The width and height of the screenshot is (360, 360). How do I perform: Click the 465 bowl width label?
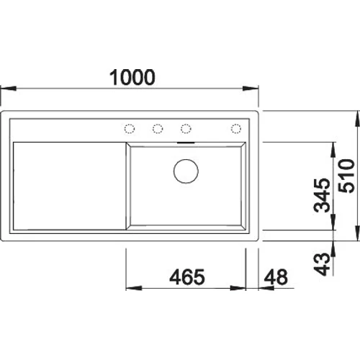coord(186,276)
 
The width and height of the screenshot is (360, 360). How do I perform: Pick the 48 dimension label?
coord(276,276)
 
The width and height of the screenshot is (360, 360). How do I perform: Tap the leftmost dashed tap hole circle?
coord(130,128)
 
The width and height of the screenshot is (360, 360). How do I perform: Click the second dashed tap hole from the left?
coord(157,128)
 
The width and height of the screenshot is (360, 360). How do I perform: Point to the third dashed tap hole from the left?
coord(185,128)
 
